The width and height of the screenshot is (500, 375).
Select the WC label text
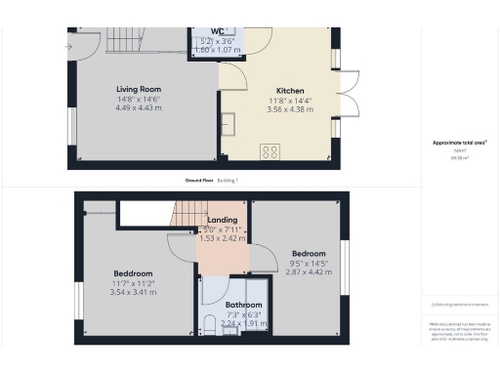(217, 32)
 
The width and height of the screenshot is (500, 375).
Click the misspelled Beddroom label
(133, 272)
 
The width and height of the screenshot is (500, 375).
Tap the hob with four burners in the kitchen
(270, 151)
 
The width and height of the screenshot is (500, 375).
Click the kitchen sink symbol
(229, 124)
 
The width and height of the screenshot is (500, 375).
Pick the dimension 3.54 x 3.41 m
(133, 291)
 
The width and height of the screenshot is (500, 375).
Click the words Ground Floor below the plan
(200, 181)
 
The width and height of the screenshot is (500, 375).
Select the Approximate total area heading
(459, 143)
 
